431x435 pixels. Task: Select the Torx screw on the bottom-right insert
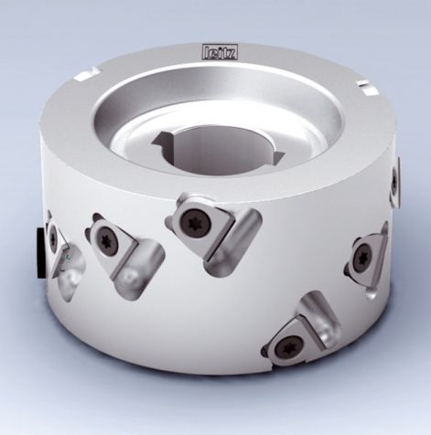coord(290,345)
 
